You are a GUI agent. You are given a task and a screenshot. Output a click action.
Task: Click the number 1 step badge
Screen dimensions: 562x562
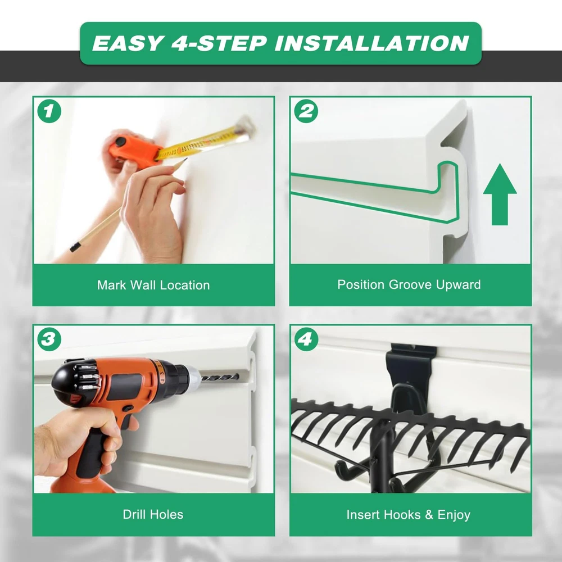pyautogui.click(x=49, y=111)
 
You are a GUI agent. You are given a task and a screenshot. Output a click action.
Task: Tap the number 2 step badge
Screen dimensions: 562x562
pyautogui.click(x=306, y=111)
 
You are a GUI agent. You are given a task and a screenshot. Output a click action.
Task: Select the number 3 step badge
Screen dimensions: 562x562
pyautogui.click(x=49, y=339)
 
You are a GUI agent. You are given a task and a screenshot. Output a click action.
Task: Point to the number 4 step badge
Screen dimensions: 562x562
pyautogui.click(x=306, y=339)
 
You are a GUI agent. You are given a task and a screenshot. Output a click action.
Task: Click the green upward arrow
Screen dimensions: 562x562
pyautogui.click(x=500, y=194)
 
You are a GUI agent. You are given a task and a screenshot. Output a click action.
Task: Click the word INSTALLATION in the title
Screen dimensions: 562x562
pyautogui.click(x=371, y=43)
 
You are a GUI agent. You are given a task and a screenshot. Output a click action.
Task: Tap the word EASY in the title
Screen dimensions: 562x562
pyautogui.click(x=128, y=43)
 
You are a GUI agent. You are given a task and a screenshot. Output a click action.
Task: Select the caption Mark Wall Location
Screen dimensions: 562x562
pyautogui.click(x=153, y=285)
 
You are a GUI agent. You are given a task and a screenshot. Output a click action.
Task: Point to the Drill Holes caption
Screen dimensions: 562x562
pyautogui.click(x=153, y=514)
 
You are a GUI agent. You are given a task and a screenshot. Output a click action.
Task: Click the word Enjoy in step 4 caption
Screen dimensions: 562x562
pyautogui.click(x=454, y=515)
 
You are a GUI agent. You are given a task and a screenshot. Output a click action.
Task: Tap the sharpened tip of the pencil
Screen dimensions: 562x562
pyautogui.click(x=185, y=160)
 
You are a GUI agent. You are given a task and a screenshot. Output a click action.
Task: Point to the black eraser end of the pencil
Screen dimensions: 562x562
pyautogui.click(x=75, y=247)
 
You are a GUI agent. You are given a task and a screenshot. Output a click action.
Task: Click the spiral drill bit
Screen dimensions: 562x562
pyautogui.click(x=220, y=377)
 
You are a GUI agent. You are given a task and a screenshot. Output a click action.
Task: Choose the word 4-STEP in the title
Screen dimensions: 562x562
pyautogui.click(x=219, y=43)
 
